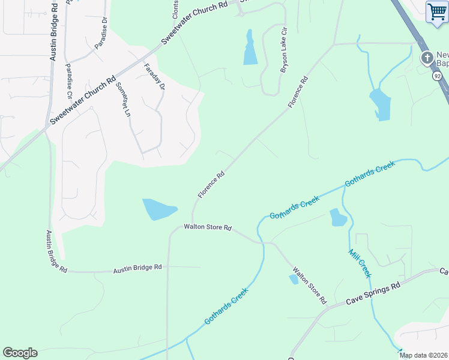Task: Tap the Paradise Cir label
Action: (x=69, y=80)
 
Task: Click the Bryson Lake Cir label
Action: (x=284, y=50)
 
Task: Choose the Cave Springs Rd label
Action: (x=373, y=293)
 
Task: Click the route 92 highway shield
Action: (x=438, y=76)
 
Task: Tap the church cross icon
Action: (x=427, y=58)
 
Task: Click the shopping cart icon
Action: (x=436, y=12)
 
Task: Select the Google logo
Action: (x=20, y=353)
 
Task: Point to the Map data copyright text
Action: (x=423, y=355)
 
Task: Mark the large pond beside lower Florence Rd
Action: (x=158, y=209)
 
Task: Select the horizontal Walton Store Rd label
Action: (x=208, y=227)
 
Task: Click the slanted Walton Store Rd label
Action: (x=309, y=284)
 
